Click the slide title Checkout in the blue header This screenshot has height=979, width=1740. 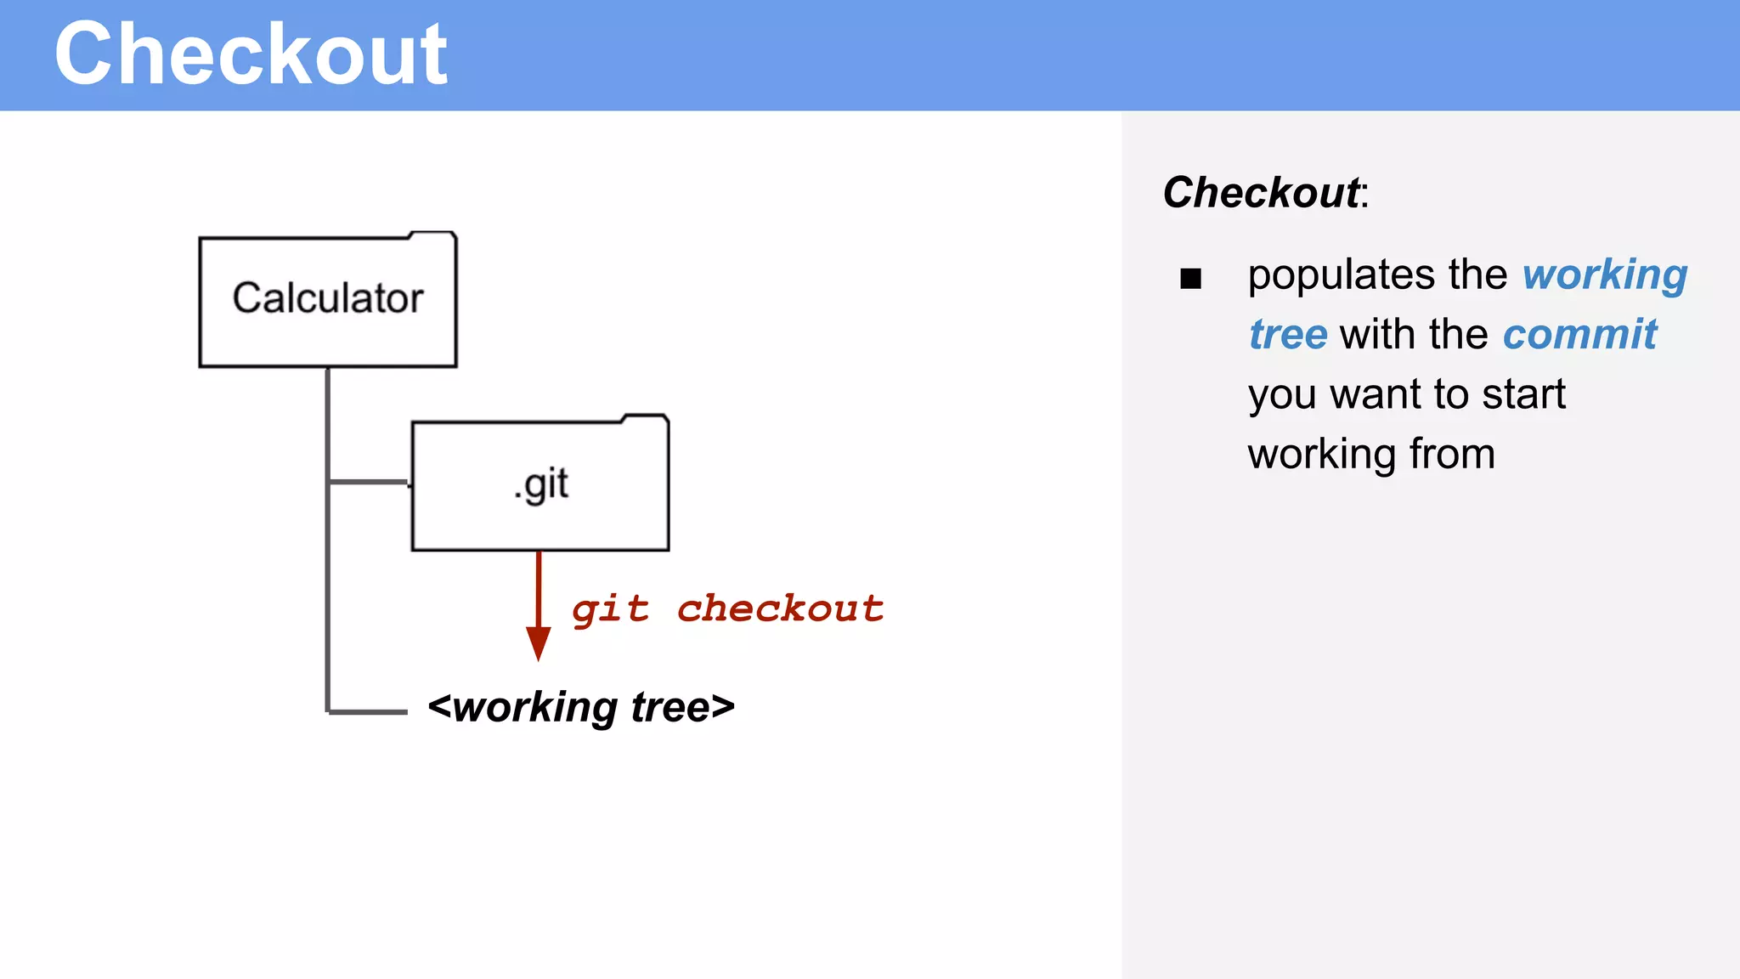[x=251, y=55]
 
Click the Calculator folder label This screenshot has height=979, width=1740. [x=328, y=298]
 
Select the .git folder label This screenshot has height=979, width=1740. [x=541, y=485]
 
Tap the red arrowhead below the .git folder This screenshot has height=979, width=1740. [x=538, y=643]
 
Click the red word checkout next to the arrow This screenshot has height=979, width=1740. [x=780, y=608]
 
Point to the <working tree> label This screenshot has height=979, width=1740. [x=581, y=707]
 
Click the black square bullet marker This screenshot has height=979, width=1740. [x=1190, y=279]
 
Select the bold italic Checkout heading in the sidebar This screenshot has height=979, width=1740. [x=1261, y=193]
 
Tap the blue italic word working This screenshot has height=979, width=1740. [x=1604, y=275]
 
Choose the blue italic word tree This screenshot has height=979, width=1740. [x=1287, y=334]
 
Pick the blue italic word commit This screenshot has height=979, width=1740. [x=1579, y=334]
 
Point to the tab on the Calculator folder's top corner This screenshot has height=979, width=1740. [x=432, y=235]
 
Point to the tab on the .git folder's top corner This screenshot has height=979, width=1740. [x=645, y=418]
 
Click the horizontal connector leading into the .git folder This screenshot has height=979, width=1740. [x=369, y=482]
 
